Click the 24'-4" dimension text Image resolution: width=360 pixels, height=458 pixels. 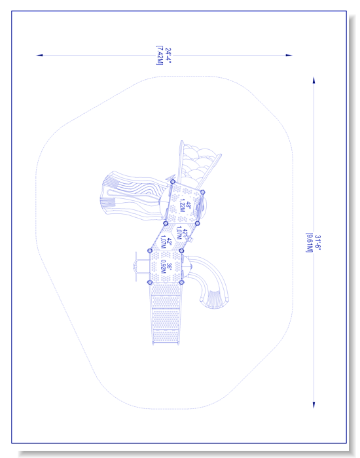[x=168, y=55]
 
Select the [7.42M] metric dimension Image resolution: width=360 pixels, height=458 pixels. [x=160, y=55]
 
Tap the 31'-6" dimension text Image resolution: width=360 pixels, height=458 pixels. [x=317, y=243]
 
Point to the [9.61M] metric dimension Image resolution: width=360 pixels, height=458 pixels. [x=309, y=243]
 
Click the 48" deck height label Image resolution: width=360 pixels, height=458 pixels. [x=189, y=205]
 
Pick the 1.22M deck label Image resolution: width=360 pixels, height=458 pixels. [x=183, y=206]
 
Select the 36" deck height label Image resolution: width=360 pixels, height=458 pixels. [x=169, y=266]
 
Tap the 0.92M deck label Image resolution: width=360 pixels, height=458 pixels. [x=163, y=267]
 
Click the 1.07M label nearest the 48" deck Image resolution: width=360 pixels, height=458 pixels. [x=179, y=233]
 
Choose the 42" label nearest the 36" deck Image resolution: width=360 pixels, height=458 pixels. [x=169, y=241]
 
